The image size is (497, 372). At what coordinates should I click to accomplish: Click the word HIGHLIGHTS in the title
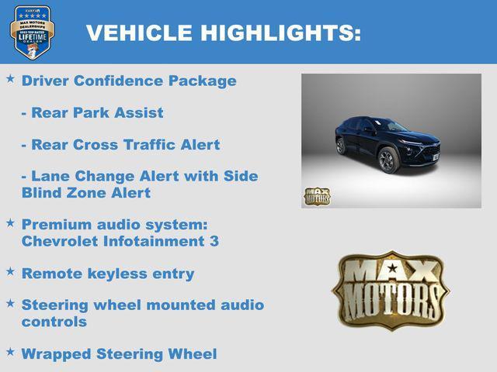[x=280, y=33]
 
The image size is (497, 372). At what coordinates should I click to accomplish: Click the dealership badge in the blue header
[x=32, y=32]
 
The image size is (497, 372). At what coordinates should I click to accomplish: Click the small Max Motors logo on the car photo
[x=317, y=196]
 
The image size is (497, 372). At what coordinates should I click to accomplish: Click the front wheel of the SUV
[x=387, y=160]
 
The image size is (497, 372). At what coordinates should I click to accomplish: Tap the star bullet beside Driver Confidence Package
[x=11, y=79]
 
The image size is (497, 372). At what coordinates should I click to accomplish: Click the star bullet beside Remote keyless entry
[x=11, y=272]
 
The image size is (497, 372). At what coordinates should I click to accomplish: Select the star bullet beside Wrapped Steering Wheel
[x=11, y=353]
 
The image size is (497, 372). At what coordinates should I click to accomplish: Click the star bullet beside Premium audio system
[x=11, y=223]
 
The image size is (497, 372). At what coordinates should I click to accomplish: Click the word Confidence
[x=113, y=81]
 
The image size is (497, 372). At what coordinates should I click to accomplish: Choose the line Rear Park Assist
[x=92, y=113]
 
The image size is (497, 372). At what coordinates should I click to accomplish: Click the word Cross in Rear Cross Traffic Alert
[x=91, y=145]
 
